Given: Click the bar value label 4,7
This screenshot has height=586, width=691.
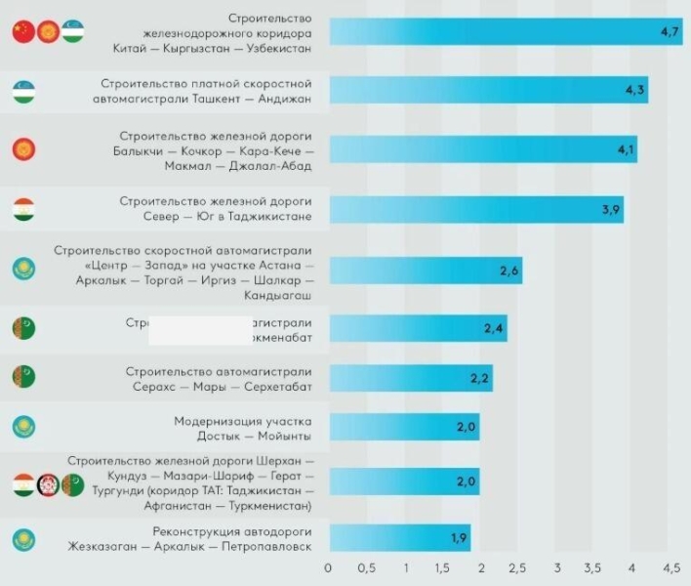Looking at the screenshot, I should [x=670, y=32].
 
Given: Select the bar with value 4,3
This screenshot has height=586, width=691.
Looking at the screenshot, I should [x=488, y=90].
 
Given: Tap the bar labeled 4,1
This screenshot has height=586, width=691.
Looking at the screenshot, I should [x=483, y=149].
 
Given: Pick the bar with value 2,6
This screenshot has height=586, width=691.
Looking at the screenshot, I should [x=425, y=270].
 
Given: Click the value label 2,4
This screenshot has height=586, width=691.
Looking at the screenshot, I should [x=494, y=328].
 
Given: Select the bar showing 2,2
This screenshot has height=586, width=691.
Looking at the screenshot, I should [x=410, y=378].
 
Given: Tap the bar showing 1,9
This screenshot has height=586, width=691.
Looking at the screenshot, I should [x=399, y=538].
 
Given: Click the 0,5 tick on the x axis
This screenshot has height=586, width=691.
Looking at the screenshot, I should [x=366, y=567].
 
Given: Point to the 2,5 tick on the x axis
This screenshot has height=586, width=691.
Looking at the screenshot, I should [x=518, y=567].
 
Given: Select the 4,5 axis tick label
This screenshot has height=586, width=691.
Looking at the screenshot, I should [x=671, y=567].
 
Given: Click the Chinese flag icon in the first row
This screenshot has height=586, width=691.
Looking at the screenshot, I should [x=21, y=33].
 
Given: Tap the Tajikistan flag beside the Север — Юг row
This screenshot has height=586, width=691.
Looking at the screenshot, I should [x=22, y=210].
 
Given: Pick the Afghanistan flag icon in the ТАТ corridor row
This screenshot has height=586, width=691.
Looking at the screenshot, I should [x=47, y=483].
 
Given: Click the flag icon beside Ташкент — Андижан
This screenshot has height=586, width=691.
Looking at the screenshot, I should [x=22, y=92].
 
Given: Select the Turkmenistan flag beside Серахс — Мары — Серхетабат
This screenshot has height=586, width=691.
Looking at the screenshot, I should [x=22, y=375].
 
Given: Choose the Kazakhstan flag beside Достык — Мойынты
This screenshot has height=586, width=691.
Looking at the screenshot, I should [x=22, y=427].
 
